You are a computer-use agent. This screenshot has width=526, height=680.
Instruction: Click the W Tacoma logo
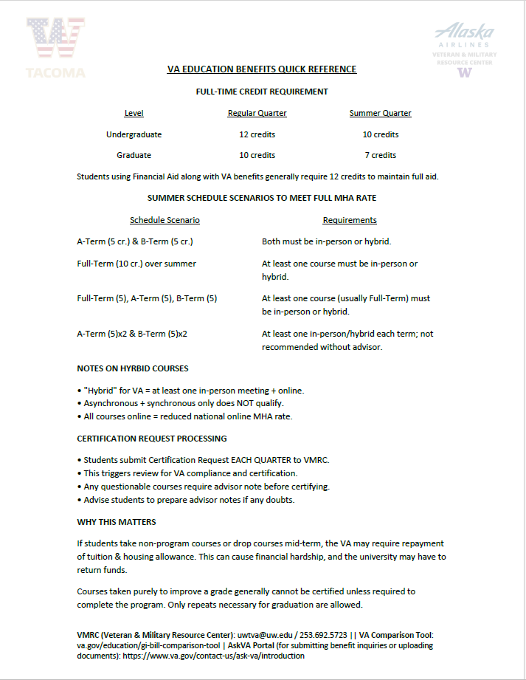[55, 47]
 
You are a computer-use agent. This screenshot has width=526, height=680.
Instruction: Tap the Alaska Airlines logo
[465, 49]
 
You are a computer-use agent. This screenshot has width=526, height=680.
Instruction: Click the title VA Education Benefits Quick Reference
[262, 69]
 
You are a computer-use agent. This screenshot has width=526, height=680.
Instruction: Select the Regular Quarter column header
[257, 113]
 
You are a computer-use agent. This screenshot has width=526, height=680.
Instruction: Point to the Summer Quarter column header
[380, 113]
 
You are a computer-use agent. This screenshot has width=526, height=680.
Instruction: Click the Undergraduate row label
[134, 134]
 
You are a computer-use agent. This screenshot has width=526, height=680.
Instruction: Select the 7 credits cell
[380, 155]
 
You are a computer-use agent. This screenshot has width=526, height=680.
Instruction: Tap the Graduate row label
[134, 155]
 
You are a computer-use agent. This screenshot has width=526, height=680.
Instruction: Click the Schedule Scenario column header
[165, 220]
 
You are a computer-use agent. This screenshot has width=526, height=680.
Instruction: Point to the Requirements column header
[350, 220]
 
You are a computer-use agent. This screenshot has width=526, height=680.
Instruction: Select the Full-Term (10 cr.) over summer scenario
[136, 264]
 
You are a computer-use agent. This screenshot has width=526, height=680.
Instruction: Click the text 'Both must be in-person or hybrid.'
[326, 241]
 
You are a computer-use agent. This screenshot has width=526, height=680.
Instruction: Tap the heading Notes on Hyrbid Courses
[133, 368]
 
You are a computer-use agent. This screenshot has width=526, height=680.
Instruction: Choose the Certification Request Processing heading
[152, 439]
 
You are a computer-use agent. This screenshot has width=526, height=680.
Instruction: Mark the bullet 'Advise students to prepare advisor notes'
[189, 500]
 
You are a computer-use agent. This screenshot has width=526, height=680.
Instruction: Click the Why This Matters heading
[117, 522]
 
